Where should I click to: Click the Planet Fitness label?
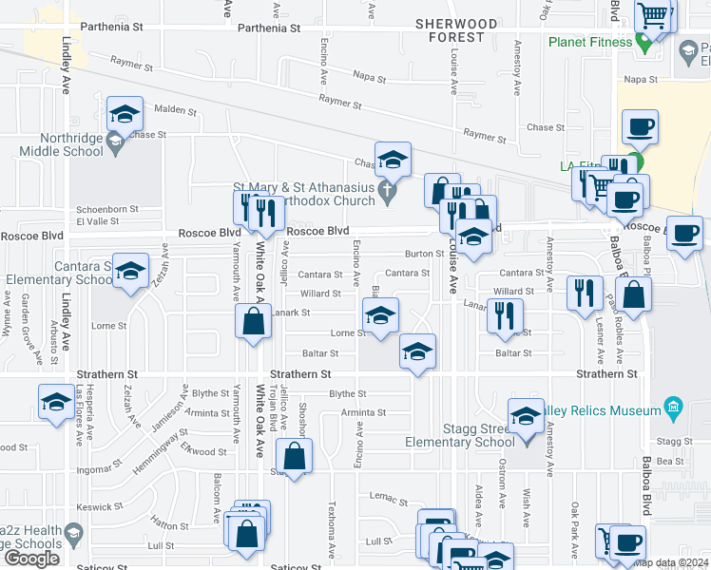tap(589, 42)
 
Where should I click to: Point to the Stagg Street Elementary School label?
tap(470, 434)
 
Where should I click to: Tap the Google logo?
tap(31, 558)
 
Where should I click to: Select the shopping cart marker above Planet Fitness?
tap(654, 16)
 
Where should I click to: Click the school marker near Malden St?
tap(124, 115)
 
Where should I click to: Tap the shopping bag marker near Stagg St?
tap(295, 457)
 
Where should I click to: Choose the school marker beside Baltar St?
tap(416, 351)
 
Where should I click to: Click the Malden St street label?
tap(174, 111)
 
